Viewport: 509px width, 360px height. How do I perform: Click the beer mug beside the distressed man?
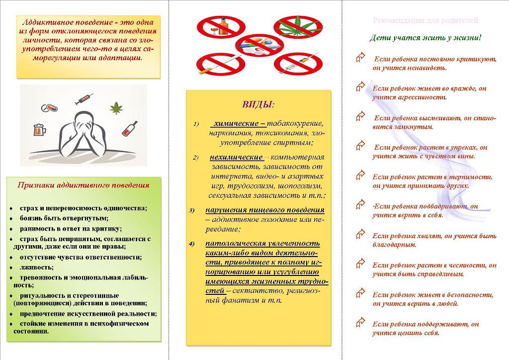pos(39,130)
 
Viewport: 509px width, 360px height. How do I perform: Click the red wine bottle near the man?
pos(130,129)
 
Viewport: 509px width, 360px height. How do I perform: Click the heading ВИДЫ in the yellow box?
pos(258,104)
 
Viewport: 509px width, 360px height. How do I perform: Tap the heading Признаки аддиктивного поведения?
pos(84,185)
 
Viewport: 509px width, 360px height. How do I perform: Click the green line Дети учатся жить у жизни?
pos(425,38)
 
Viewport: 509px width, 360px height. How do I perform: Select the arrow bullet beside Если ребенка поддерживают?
pos(361,323)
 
